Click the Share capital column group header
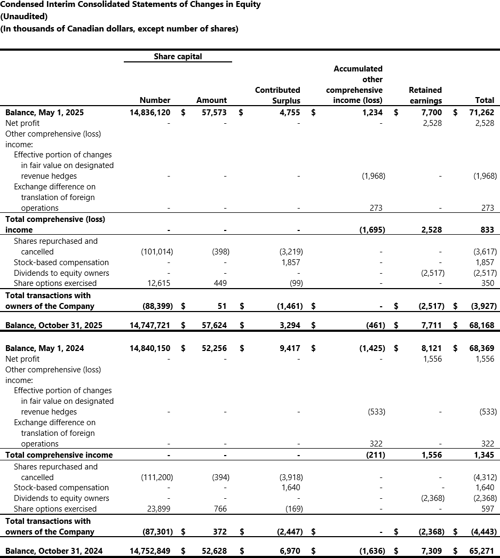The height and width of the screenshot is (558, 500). (178, 56)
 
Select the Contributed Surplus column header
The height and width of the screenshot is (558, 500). (277, 95)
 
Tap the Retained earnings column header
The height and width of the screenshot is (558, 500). (425, 95)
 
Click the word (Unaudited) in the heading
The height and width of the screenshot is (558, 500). (24, 17)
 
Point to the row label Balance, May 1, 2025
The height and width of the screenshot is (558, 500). (44, 113)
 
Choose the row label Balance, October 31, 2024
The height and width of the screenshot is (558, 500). (53, 551)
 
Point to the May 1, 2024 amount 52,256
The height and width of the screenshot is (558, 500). (212, 348)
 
